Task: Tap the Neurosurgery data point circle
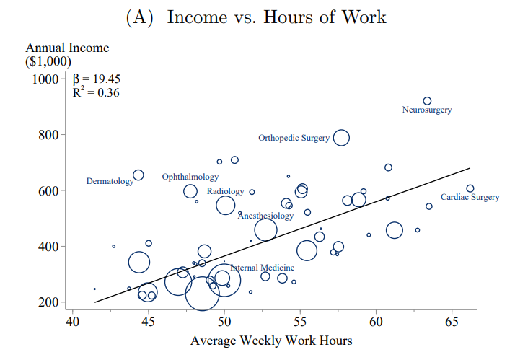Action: [427, 101]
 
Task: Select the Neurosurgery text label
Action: [427, 110]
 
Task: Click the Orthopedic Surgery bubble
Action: [341, 138]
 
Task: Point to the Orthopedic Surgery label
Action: [294, 138]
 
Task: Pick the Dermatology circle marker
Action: [138, 175]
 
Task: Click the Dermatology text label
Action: [110, 181]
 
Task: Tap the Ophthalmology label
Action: [190, 177]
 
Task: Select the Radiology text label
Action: [225, 191]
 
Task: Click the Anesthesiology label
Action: [265, 216]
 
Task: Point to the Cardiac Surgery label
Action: [470, 198]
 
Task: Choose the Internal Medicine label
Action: [263, 267]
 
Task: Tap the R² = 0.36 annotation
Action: [96, 92]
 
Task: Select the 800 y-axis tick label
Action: [45, 135]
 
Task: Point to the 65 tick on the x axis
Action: [452, 320]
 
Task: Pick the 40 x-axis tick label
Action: [73, 320]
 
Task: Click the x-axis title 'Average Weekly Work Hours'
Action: [271, 341]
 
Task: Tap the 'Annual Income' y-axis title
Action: [67, 48]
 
